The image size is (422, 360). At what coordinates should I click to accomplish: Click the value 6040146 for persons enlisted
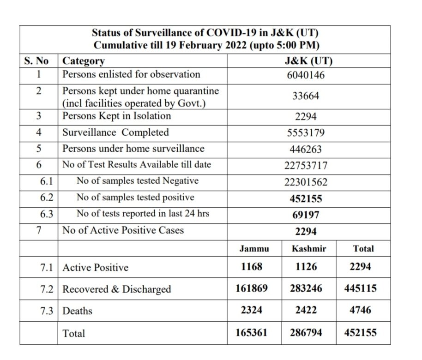pos(305,75)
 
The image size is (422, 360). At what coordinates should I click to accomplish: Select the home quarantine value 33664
pos(305,96)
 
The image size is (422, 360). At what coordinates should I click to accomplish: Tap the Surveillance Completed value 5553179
pos(305,133)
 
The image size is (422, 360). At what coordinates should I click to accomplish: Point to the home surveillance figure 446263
pos(305,149)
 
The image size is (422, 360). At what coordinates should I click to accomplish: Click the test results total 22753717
pos(305,165)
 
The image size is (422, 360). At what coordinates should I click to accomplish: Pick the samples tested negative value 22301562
pos(305,182)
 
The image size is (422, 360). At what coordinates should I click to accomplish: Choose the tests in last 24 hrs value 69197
pos(305,215)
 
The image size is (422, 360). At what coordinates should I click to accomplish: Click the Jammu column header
pos(254,248)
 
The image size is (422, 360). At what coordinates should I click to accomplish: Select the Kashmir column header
pos(309,248)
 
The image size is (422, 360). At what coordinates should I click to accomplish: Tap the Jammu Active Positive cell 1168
pos(251,267)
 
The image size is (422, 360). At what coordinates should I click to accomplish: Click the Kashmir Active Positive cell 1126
pos(305,267)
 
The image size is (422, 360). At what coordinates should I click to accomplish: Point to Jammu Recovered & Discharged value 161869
pos(251,289)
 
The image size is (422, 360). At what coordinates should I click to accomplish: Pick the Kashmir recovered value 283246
pos(305,289)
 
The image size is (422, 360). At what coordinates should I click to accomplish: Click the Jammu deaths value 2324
pos(251,311)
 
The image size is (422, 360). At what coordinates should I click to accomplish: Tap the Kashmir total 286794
pos(305,332)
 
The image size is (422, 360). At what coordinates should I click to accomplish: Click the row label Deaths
pos(77,311)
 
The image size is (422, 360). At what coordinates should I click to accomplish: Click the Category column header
pos(84,61)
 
